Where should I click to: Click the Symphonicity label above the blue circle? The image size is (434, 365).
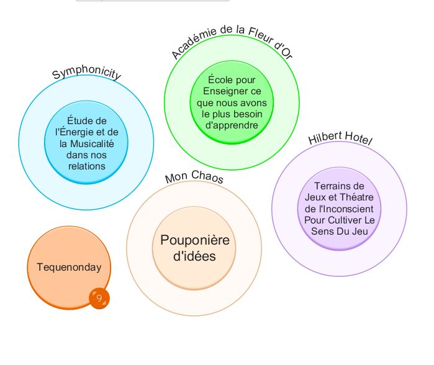click(86, 73)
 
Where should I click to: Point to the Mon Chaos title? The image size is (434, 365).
click(194, 177)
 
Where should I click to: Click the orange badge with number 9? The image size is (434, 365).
click(99, 299)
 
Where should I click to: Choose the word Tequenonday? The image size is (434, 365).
click(69, 268)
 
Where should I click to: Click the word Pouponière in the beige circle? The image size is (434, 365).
click(194, 240)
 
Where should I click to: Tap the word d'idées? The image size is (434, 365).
click(194, 256)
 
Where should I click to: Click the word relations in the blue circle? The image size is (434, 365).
click(87, 166)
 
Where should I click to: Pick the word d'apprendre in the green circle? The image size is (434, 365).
click(232, 125)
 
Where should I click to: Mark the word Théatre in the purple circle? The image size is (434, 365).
click(358, 197)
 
